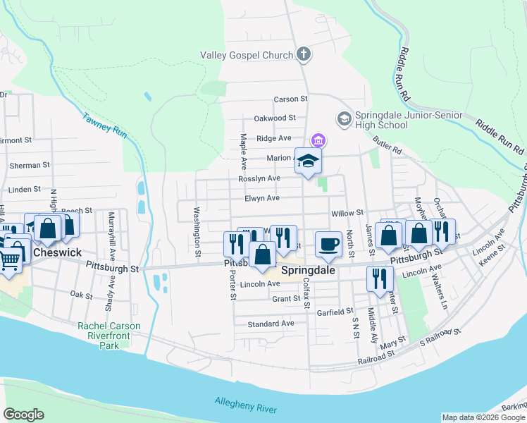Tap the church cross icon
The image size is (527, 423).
[x=304, y=54]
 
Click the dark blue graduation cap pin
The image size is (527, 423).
[x=308, y=161]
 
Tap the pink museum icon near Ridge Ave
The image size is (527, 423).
[x=318, y=139]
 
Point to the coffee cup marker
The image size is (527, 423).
[x=328, y=244]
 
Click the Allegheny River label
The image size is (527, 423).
[x=247, y=405]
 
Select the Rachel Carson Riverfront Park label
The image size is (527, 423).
[x=109, y=331]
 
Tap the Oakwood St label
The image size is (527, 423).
[x=275, y=118]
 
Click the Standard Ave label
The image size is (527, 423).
[x=271, y=324]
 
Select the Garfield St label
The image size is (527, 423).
[x=335, y=311]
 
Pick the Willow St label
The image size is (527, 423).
[x=347, y=212]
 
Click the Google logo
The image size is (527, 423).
[x=24, y=415]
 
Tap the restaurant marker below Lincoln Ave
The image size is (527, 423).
[x=380, y=278]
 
